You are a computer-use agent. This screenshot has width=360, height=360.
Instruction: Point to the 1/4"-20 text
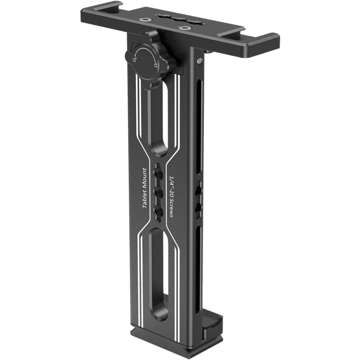[171, 182]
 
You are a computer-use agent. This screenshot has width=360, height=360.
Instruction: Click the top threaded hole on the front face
[158, 171]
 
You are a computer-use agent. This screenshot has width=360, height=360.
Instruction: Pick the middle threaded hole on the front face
[158, 191]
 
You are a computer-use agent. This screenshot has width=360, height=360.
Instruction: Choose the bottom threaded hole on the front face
[158, 210]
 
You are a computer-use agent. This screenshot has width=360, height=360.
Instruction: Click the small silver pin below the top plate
[199, 60]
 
